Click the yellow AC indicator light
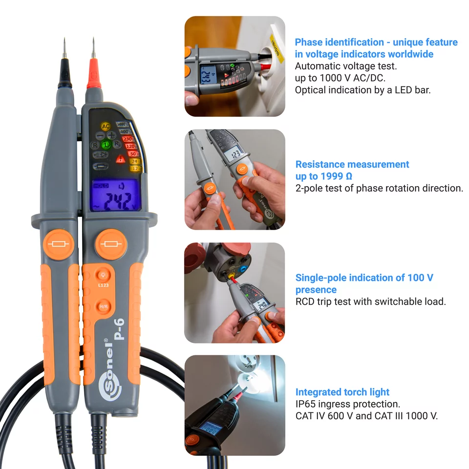106,127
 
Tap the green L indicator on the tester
106,145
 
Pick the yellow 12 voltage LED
133,169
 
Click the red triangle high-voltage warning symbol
120,158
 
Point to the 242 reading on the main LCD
116,200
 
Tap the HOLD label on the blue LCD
101,186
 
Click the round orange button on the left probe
59,244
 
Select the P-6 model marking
119,328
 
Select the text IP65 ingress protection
347,404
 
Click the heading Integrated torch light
342,392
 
